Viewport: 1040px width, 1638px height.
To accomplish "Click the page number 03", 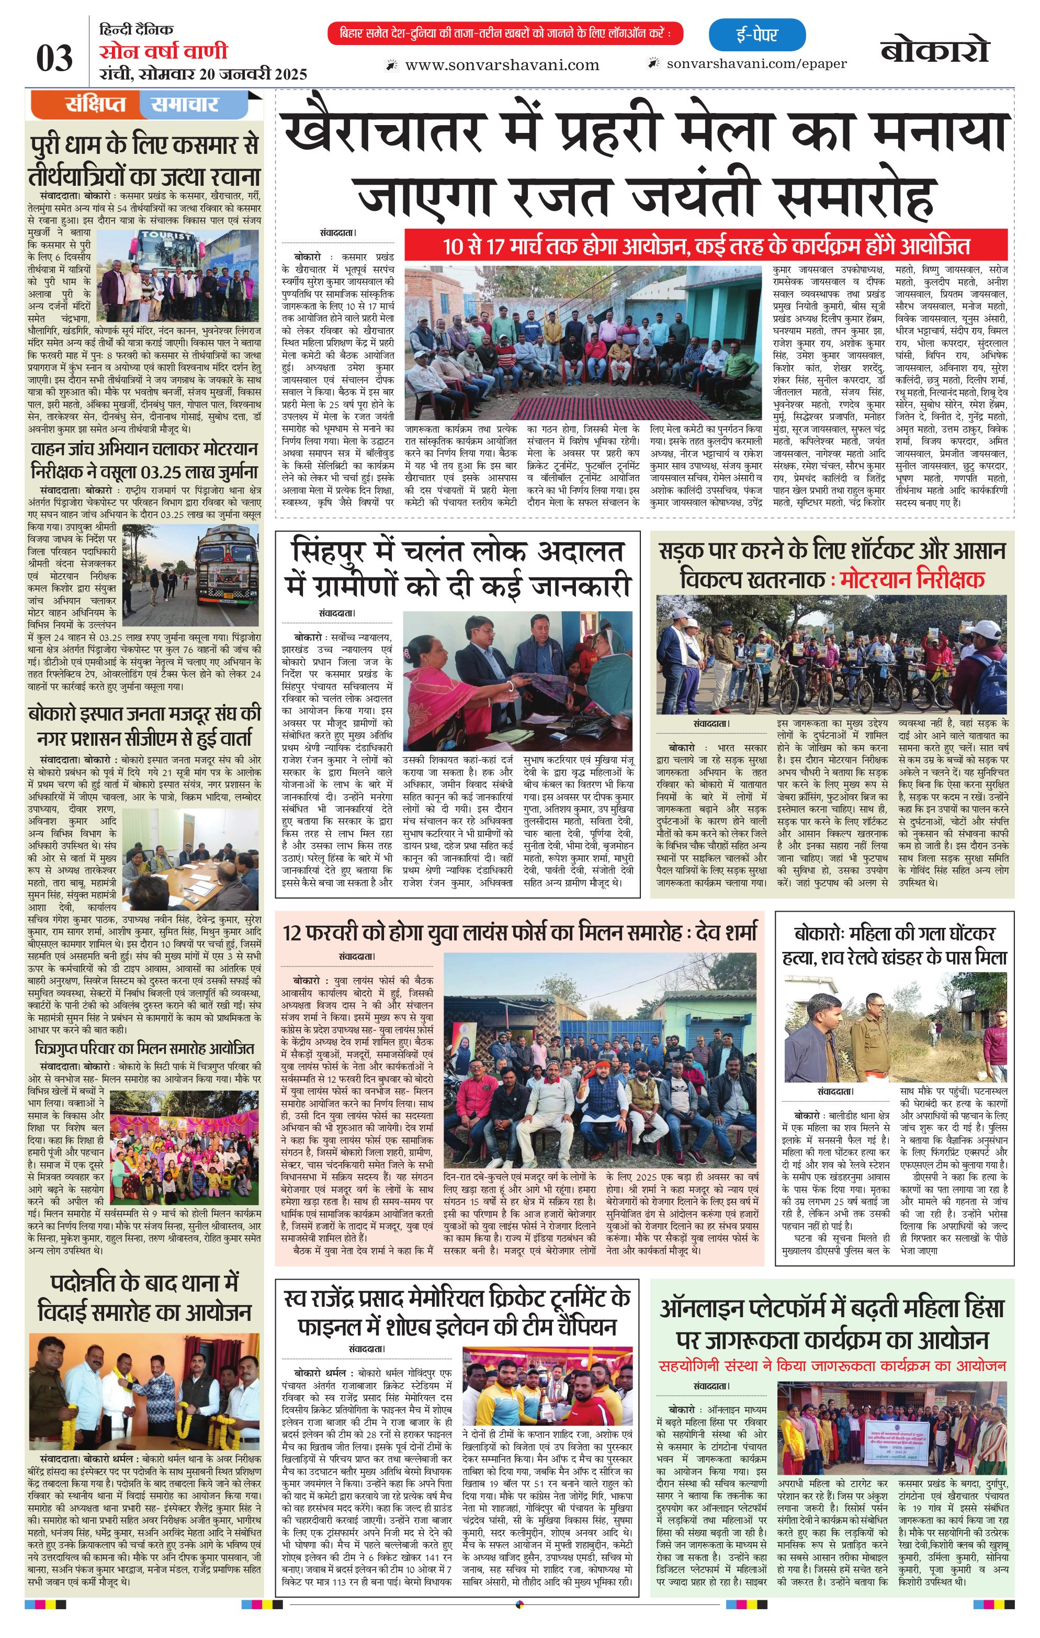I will pos(54,58).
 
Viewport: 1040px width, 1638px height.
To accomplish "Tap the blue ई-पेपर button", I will pos(756,35).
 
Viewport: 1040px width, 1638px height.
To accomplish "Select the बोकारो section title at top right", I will pos(934,50).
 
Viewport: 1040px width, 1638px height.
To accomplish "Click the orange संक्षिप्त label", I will pos(96,105).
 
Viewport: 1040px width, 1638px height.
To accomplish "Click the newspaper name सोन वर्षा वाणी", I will pos(163,52).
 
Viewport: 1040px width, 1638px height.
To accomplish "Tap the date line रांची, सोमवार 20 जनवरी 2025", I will pos(202,73).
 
